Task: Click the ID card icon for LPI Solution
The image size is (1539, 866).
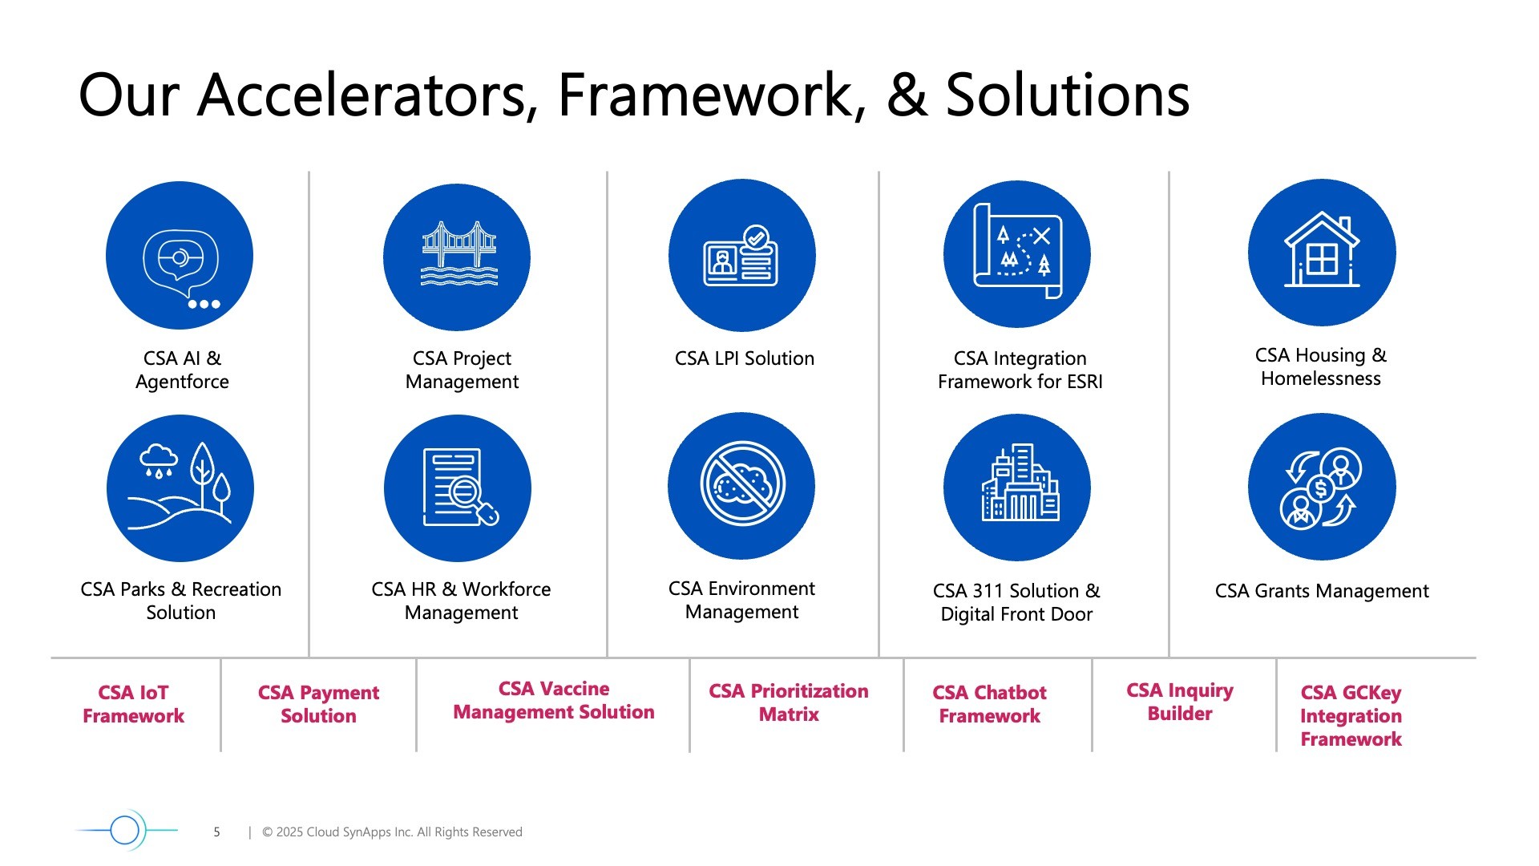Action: click(742, 255)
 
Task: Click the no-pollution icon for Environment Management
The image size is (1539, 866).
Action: click(741, 486)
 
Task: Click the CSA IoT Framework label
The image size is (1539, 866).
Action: click(134, 704)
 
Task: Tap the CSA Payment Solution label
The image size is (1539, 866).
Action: click(318, 704)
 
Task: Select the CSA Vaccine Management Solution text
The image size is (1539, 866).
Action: click(554, 700)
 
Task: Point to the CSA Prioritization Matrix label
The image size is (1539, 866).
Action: click(789, 702)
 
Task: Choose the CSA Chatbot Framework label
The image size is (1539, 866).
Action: click(990, 704)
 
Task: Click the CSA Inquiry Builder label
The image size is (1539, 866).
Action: click(1180, 702)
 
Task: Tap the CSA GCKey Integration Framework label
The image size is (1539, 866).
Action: click(1351, 715)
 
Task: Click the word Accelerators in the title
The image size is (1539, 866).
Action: click(368, 95)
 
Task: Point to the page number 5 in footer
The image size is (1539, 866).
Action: click(216, 832)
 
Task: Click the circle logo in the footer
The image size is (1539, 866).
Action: click(126, 830)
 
